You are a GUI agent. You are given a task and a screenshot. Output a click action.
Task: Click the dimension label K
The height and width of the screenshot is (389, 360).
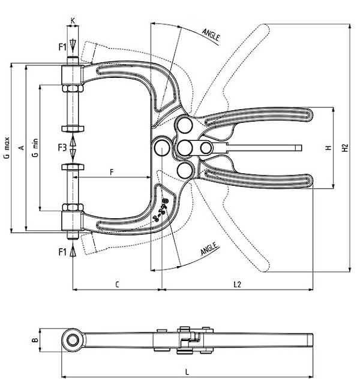(x=73, y=20)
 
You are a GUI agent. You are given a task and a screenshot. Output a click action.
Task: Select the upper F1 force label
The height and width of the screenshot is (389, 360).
(x=62, y=46)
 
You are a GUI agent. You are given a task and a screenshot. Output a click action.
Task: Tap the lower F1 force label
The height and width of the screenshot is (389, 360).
(x=62, y=251)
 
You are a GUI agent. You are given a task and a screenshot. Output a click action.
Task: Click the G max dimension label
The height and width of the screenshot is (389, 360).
(x=6, y=147)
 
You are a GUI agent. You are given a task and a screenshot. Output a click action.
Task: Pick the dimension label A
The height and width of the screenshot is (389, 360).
(x=20, y=147)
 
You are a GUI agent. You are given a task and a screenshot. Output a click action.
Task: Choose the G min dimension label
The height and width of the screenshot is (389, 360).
(x=35, y=147)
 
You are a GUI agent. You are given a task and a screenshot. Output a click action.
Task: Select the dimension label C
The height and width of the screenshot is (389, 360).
(x=116, y=284)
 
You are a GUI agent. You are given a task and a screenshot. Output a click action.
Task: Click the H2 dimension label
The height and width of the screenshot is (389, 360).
(x=344, y=147)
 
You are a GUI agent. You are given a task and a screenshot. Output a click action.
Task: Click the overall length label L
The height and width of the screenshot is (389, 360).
(x=187, y=372)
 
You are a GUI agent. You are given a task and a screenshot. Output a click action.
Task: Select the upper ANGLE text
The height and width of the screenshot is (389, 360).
(x=211, y=34)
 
